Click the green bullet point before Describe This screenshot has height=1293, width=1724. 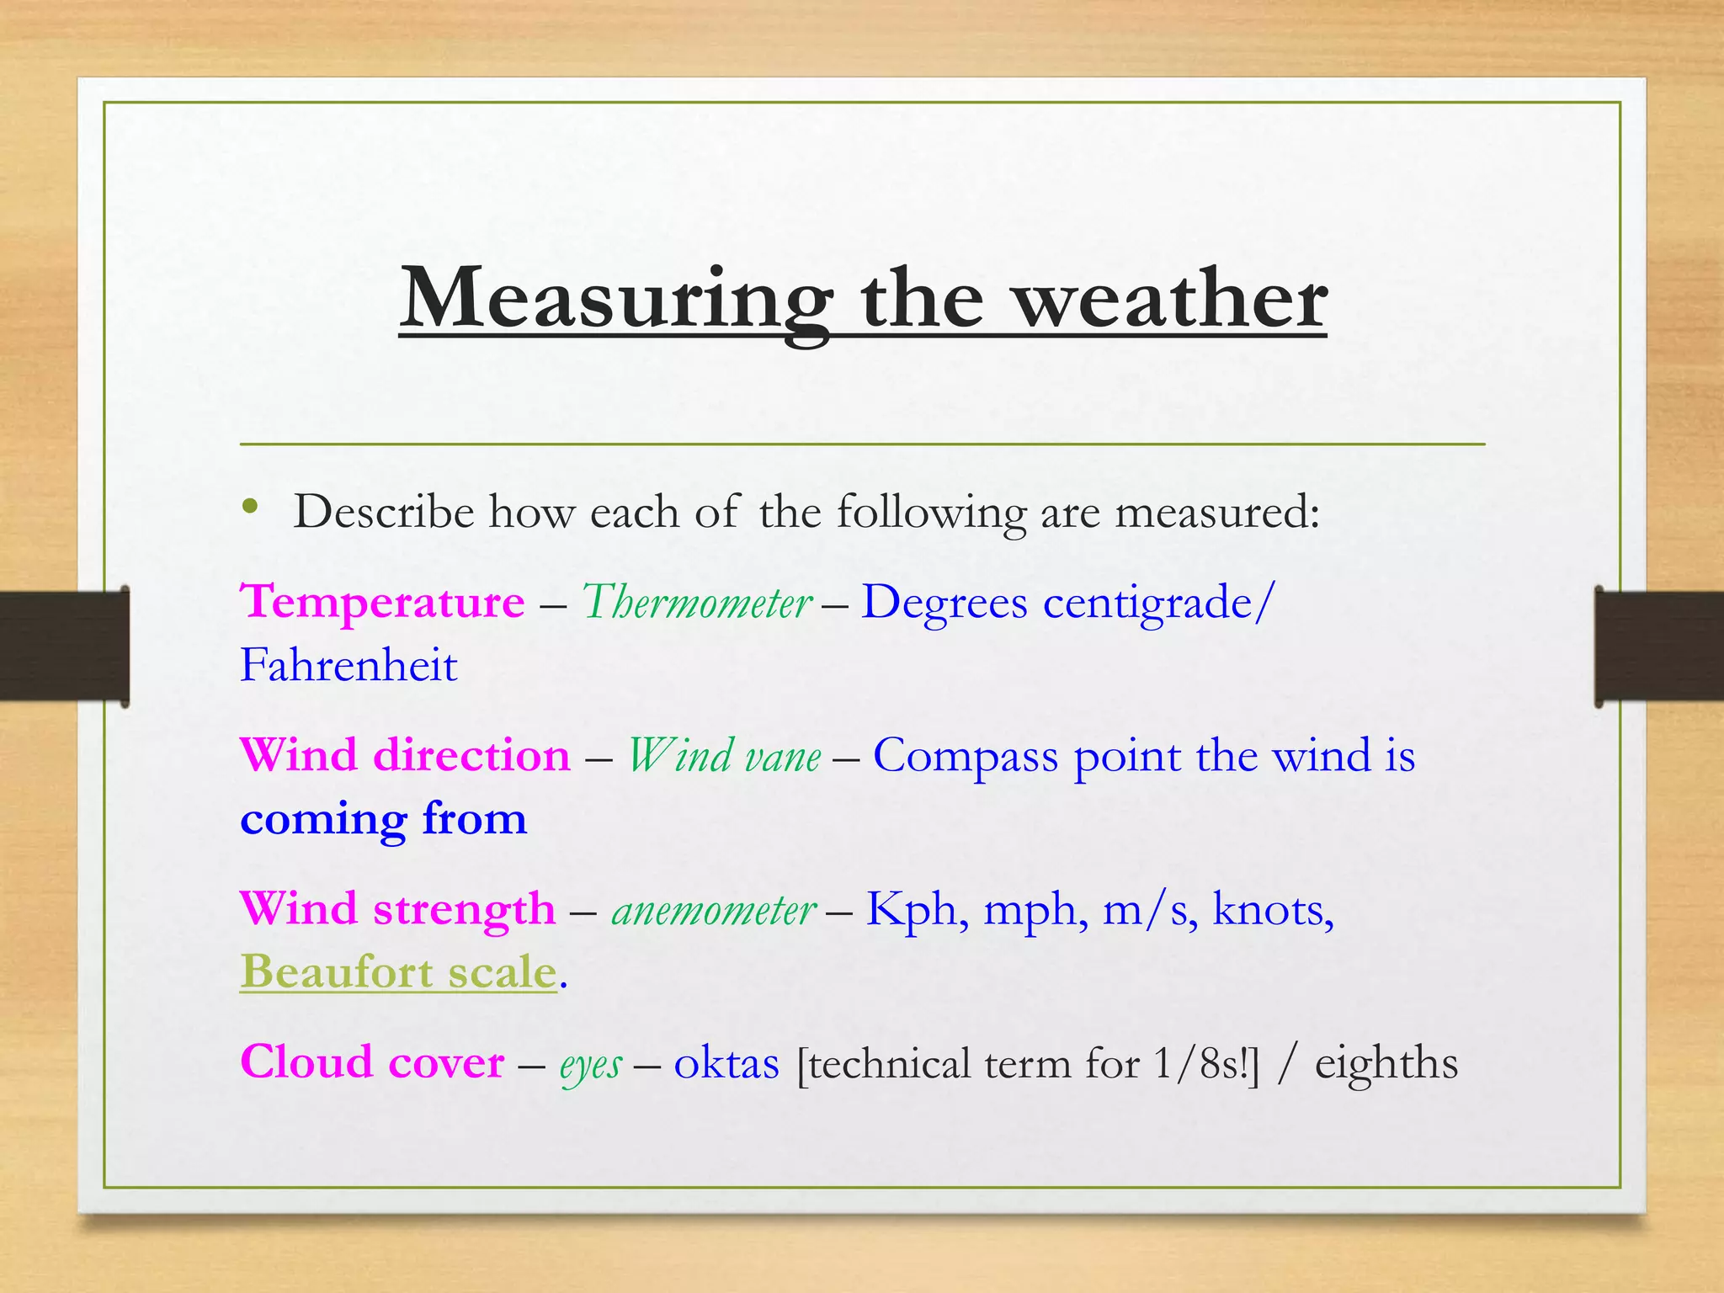pos(249,507)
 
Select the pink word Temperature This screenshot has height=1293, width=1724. pos(382,603)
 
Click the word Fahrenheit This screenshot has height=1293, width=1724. pos(349,666)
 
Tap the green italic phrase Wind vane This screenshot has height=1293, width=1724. pos(724,756)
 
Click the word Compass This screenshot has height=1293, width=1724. pos(965,756)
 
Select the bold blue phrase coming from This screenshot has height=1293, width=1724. pos(383,819)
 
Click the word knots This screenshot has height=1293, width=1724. pos(1271,910)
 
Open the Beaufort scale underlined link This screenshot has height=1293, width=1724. pos(398,972)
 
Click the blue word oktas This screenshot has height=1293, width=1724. pos(726,1063)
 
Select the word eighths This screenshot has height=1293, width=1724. pos(1386,1063)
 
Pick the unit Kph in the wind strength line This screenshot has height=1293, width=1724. pos(911,910)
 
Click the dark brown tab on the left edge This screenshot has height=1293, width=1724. pos(64,646)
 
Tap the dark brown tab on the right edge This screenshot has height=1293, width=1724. pos(1658,646)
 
